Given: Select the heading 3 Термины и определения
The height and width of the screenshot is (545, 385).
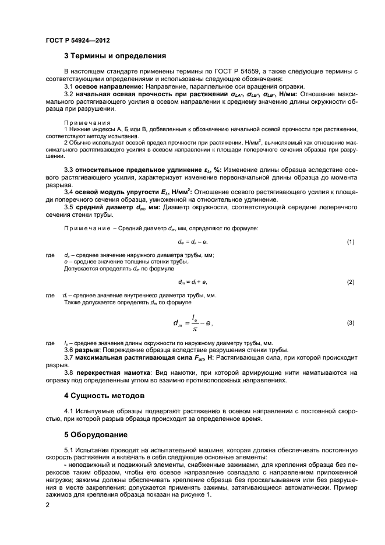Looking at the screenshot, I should [115, 57].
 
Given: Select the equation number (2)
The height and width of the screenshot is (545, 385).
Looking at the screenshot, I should [351, 282].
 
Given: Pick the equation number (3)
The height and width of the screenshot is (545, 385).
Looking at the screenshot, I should [351, 322].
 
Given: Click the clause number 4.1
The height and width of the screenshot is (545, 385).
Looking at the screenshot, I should [69, 412].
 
